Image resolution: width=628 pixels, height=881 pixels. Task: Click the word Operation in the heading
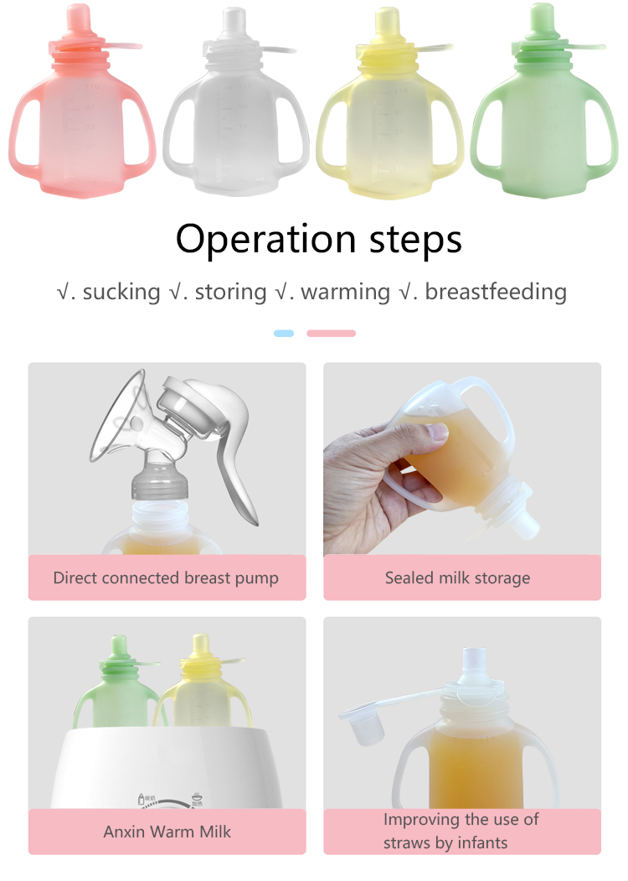(x=266, y=240)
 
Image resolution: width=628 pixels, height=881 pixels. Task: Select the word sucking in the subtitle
(x=121, y=293)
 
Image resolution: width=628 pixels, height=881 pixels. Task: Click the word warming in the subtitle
(x=345, y=293)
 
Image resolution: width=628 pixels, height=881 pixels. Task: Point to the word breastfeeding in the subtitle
(x=496, y=292)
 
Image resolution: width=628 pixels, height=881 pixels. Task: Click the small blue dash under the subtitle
(x=284, y=333)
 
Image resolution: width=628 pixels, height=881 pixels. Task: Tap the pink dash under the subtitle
(x=331, y=333)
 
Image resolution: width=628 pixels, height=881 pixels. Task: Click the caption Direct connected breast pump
(x=166, y=578)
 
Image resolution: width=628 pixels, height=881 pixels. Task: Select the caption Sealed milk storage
(x=457, y=578)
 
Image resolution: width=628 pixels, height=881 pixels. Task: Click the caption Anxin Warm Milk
(x=167, y=832)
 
